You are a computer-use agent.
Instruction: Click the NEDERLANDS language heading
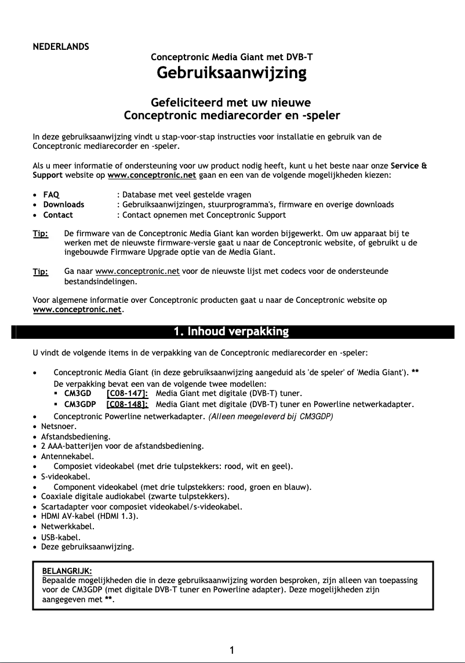[x=60, y=46]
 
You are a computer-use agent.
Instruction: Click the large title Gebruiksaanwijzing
[x=231, y=74]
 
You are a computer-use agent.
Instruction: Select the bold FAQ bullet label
[x=52, y=194]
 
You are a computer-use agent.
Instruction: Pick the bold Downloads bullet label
[x=64, y=204]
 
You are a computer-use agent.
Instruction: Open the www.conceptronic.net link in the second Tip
[x=137, y=272]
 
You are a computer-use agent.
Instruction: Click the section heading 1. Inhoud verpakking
[x=231, y=332]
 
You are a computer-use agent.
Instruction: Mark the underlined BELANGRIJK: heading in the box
[x=67, y=570]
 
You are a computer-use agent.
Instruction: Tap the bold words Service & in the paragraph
[x=409, y=166]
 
